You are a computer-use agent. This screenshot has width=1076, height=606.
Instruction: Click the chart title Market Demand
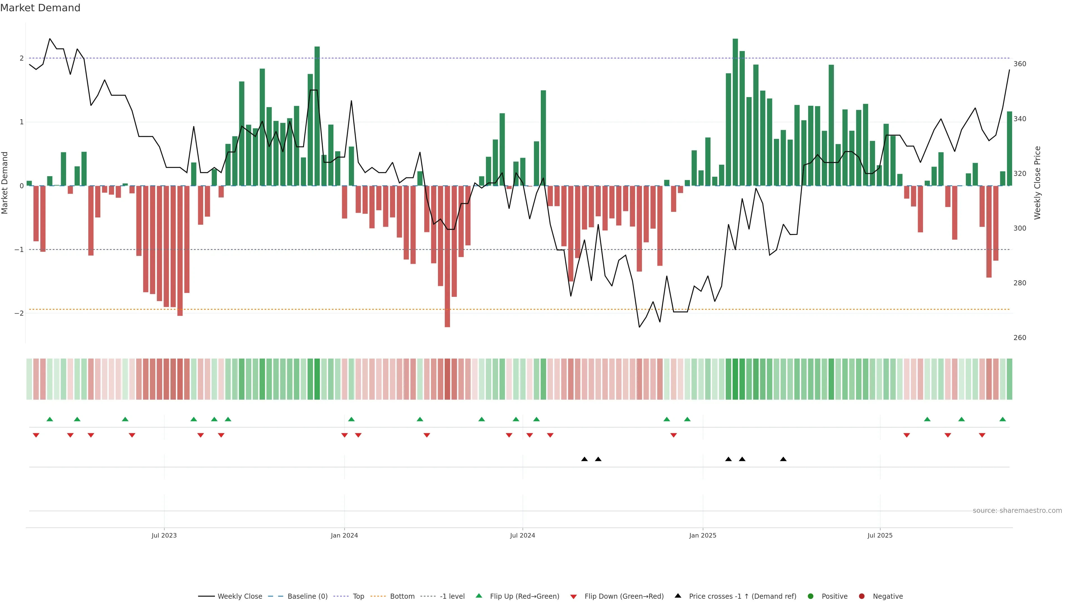40,8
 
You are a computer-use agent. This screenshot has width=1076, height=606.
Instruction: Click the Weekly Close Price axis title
1038,183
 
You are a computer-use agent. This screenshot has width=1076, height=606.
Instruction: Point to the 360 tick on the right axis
1020,64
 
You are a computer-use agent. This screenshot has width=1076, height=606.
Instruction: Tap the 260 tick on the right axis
1020,338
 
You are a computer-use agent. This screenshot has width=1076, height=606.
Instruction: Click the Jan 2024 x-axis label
344,535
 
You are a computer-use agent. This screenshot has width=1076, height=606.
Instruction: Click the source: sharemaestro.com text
1017,511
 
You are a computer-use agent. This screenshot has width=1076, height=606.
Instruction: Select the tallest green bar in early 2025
735,113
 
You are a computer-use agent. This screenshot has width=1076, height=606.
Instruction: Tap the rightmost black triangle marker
783,459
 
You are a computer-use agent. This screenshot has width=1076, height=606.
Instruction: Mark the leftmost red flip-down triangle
36,435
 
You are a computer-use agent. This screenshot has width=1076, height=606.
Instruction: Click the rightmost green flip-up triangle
1003,419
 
